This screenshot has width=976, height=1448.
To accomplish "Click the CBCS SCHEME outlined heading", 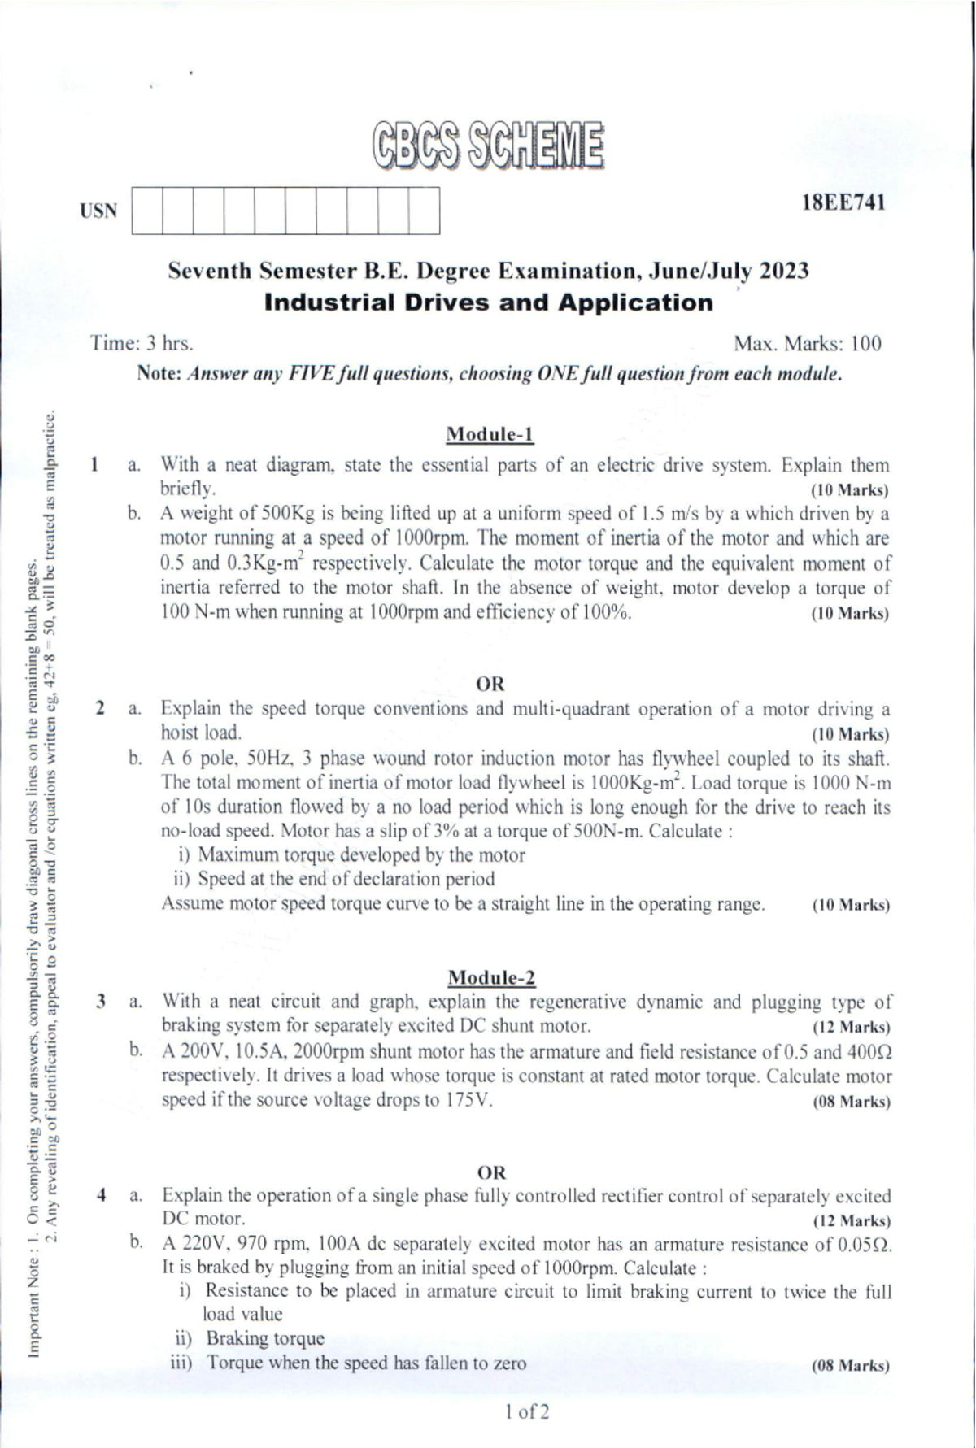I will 488,146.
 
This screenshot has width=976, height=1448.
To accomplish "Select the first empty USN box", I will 146,211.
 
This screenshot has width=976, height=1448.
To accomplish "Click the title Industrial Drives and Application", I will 489,303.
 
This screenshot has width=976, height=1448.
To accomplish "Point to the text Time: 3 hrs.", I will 142,343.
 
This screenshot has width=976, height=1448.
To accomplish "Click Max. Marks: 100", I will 807,343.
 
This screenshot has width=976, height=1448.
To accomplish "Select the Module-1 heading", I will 490,434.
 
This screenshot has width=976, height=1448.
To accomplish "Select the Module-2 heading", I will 491,976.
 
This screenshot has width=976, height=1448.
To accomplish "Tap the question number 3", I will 99,1002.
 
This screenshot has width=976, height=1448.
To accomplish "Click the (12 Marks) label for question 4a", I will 851,1221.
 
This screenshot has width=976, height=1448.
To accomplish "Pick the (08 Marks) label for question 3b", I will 851,1102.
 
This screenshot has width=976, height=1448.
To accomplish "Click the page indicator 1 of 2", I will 526,1411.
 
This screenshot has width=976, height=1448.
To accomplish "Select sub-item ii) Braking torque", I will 251,1338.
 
